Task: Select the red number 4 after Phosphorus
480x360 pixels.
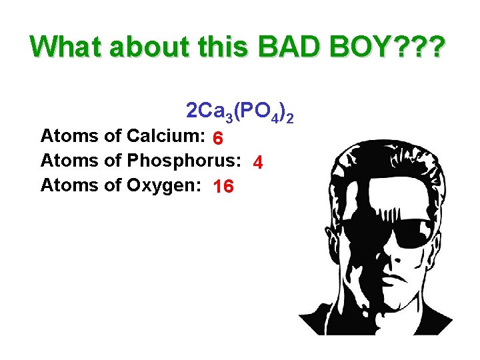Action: tap(258, 163)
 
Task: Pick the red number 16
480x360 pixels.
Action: tap(223, 187)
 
